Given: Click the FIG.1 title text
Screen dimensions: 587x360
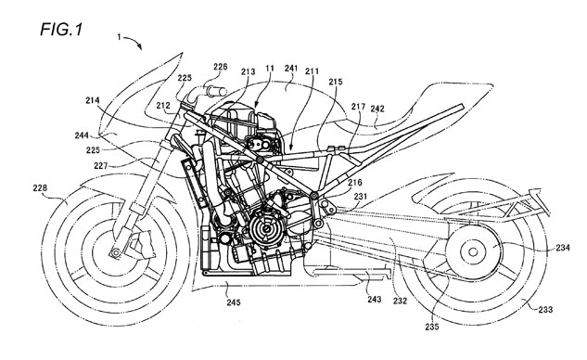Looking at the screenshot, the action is point(61,29).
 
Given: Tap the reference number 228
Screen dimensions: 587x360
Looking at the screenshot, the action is point(40,188).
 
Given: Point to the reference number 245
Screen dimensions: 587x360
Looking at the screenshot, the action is point(233,302).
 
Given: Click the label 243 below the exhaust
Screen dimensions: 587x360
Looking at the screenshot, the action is point(374,299).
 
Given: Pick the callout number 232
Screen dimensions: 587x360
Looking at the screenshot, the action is point(400,301).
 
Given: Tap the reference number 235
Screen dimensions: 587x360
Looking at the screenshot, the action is point(431,327).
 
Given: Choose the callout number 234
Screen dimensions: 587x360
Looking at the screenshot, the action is point(563,248).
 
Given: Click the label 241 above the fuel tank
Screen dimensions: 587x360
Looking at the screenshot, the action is point(291,68).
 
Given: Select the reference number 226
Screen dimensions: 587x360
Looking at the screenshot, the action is point(220,67).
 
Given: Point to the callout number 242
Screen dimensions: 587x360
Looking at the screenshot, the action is point(377,109).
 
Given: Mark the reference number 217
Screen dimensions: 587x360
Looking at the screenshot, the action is point(358,107).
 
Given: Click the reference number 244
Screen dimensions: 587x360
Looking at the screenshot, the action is point(82,135).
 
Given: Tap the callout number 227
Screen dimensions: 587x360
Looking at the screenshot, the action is point(101,165).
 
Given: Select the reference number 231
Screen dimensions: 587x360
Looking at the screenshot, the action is point(361,197).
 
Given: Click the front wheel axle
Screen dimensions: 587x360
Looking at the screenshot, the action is point(115,253).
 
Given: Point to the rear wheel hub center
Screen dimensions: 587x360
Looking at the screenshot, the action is point(473,251).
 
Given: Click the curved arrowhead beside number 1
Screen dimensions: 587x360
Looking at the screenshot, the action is point(139,46).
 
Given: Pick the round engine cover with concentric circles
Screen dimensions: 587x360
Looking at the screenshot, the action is point(266,227).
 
